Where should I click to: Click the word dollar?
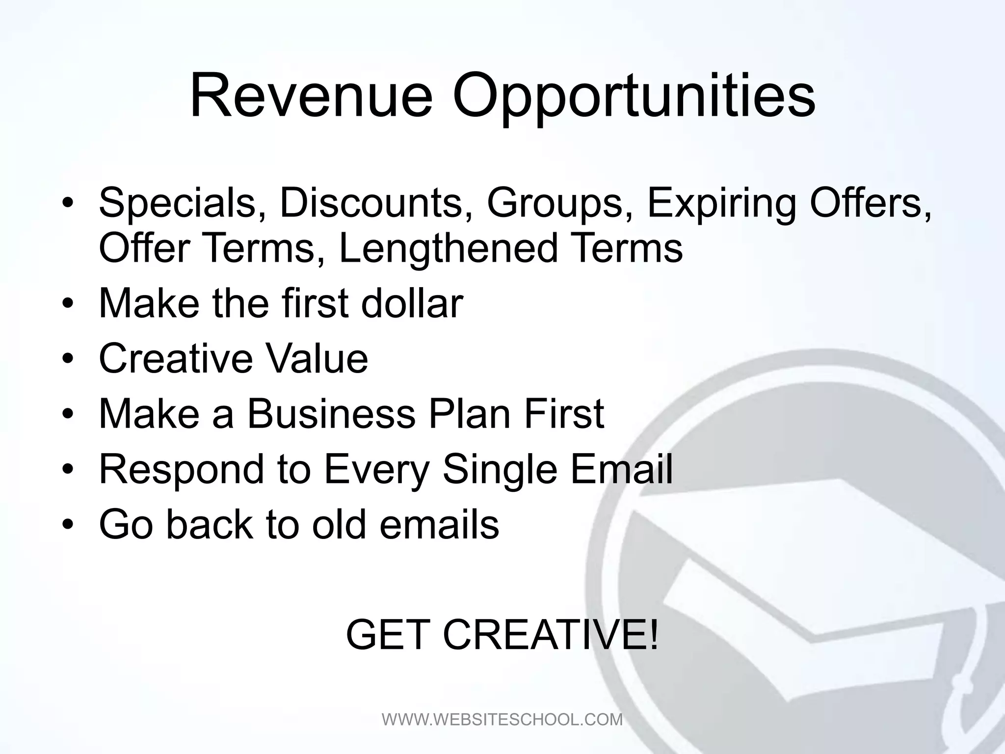click(x=412, y=303)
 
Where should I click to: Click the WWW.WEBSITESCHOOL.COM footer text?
click(x=502, y=719)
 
